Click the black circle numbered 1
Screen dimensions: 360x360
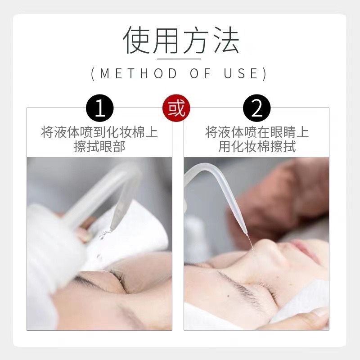click(99, 108)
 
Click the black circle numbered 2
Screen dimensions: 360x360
click(256, 108)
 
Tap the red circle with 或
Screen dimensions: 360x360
click(176, 108)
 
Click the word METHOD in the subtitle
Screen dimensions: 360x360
click(139, 73)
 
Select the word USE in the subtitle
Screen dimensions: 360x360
click(241, 73)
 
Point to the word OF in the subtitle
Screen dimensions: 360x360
click(200, 73)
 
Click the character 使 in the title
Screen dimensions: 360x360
click(137, 40)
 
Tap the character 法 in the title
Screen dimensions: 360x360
click(226, 40)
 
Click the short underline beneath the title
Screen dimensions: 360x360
click(179, 59)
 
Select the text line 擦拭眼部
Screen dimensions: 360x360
click(99, 146)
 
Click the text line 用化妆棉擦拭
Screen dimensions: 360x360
click(256, 146)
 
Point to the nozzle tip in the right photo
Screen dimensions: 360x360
click(247, 234)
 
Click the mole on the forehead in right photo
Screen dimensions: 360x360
click(228, 296)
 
